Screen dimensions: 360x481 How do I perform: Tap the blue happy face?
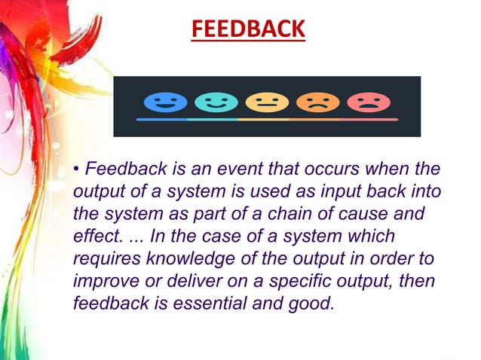[x=164, y=102]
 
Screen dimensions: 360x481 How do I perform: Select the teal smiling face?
[x=216, y=102]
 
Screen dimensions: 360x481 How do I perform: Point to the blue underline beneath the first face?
[x=162, y=119]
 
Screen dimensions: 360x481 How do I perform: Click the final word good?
[x=312, y=305]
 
